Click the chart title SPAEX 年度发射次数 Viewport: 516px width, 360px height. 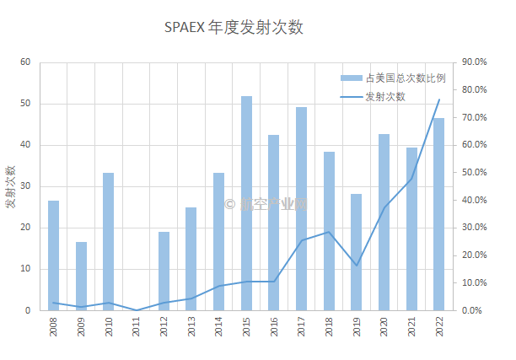234,28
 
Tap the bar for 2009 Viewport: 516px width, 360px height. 81,276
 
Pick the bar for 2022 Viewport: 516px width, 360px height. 438,214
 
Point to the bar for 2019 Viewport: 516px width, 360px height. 356,252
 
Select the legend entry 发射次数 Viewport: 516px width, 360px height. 384,96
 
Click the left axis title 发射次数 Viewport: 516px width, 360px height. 11,186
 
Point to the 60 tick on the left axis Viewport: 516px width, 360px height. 24,62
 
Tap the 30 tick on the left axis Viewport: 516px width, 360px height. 24,186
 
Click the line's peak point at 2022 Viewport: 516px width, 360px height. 438,99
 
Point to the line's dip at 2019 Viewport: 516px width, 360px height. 356,266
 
